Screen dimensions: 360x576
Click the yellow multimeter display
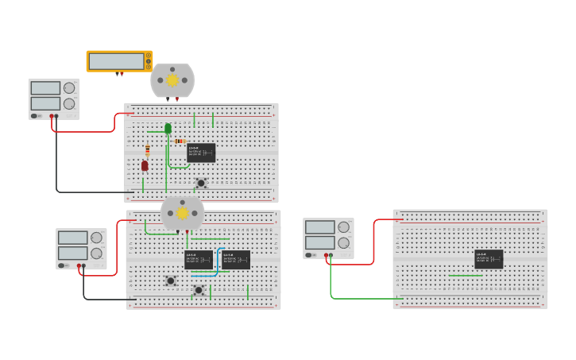[x=116, y=61]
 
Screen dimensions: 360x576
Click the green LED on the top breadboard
[x=168, y=128]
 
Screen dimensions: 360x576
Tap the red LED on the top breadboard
[x=145, y=165]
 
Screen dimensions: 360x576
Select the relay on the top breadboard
[x=201, y=153]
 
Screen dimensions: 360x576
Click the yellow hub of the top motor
[x=172, y=79]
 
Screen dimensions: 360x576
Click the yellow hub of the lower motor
[x=182, y=213]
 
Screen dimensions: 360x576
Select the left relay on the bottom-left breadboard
[x=199, y=259]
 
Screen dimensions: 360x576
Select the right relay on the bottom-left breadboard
[x=236, y=259]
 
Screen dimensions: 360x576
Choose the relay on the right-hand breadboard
[x=489, y=259]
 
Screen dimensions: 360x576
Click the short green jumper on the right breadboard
[x=465, y=276]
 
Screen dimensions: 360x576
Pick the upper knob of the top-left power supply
[x=69, y=88]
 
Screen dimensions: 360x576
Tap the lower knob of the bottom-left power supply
[x=96, y=254]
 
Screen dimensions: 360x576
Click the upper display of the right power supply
[x=319, y=227]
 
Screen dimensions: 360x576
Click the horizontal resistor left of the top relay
[x=180, y=141]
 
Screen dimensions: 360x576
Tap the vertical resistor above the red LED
[x=148, y=149]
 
